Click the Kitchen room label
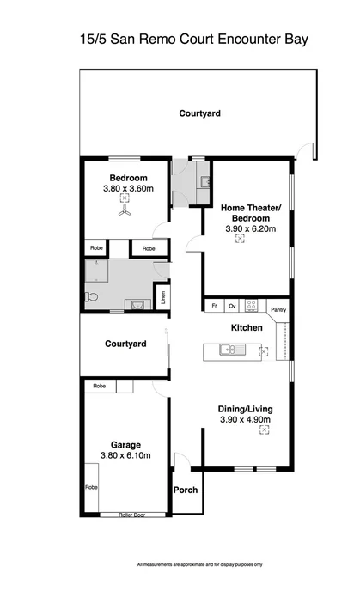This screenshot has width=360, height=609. (x=245, y=328)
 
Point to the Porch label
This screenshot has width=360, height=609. (x=186, y=490)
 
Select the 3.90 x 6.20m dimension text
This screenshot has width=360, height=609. (x=245, y=230)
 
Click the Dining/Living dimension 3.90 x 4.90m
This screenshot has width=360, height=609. (x=245, y=419)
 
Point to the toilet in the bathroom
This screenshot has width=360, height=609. (x=91, y=297)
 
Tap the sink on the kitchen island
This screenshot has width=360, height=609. (x=228, y=349)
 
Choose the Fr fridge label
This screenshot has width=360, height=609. (x=213, y=306)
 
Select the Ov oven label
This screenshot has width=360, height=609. (x=232, y=306)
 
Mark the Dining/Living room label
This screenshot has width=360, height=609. (x=245, y=408)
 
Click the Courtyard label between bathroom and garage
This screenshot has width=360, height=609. (x=125, y=344)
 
